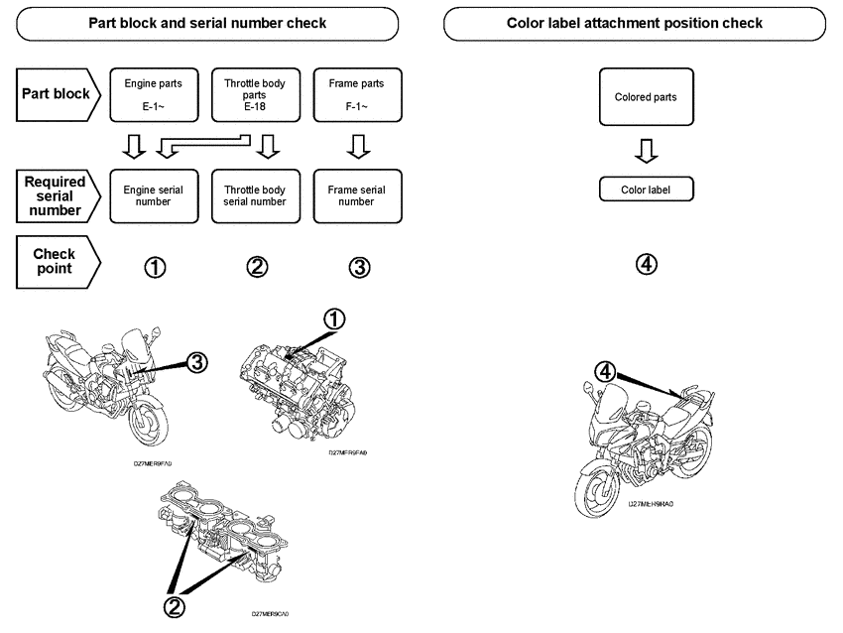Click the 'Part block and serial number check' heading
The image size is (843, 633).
pos(207,23)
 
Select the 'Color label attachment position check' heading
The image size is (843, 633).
pos(635,23)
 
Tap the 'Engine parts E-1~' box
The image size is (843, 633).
pos(153,94)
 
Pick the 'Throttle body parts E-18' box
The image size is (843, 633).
pos(255,94)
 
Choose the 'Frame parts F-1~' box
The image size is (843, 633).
pos(356,94)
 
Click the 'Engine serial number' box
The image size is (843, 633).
pos(153,194)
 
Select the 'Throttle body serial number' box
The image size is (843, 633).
pos(255,194)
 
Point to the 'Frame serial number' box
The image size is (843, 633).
pos(356,194)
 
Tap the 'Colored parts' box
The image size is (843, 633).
pos(646,97)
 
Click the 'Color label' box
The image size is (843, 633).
pos(646,190)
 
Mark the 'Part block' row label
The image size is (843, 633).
pos(58,94)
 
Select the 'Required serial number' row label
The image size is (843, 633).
pos(56,194)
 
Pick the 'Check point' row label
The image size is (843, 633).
pos(56,261)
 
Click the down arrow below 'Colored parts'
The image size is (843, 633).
pos(646,151)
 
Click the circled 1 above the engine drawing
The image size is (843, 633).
pos(335,318)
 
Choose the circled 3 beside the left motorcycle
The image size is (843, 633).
pos(196,362)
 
